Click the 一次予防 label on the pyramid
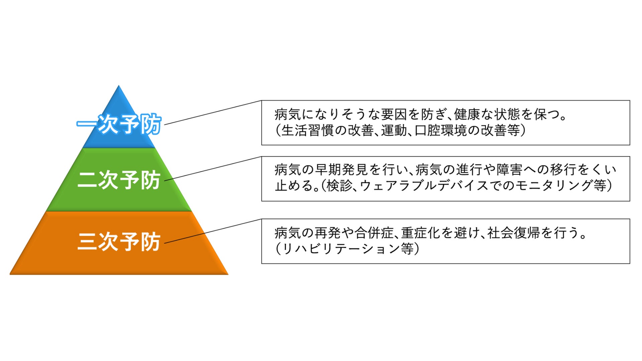[x=119, y=125]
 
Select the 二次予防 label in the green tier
[x=119, y=180]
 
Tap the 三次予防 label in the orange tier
[x=119, y=242]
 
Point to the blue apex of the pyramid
[x=119, y=100]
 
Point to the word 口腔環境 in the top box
[x=440, y=131]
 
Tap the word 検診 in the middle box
[x=339, y=186]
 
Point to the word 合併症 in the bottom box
[x=374, y=233]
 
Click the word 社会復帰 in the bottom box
[x=513, y=233]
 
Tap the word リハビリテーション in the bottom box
[x=341, y=249]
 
